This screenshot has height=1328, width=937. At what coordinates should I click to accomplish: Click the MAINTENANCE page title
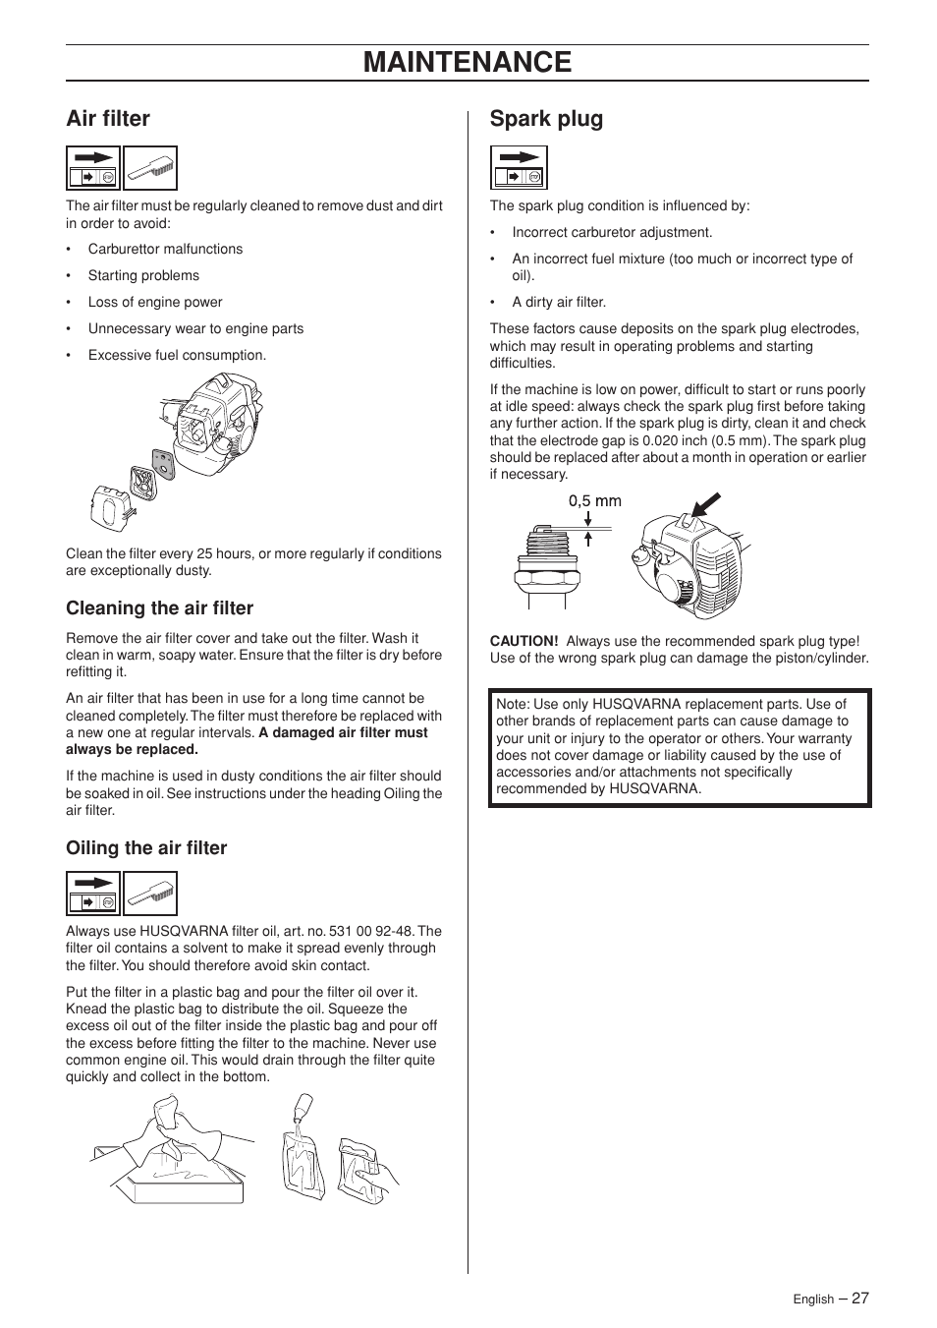(467, 62)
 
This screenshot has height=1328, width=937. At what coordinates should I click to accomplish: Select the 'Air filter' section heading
(108, 119)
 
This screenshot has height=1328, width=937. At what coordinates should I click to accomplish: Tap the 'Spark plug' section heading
(546, 119)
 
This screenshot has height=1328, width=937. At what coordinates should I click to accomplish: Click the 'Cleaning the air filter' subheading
(159, 607)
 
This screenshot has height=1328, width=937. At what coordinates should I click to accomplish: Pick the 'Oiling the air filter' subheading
(146, 848)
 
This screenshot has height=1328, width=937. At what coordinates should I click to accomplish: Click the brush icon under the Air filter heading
(150, 168)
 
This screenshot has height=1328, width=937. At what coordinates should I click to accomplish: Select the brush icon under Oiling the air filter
(150, 895)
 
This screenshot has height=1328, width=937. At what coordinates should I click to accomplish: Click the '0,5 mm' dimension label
(594, 500)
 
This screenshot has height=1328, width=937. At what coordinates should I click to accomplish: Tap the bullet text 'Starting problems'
(143, 276)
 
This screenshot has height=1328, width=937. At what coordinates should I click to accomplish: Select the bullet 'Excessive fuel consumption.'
(177, 356)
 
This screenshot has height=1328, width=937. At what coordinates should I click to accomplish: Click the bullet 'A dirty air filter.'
(559, 303)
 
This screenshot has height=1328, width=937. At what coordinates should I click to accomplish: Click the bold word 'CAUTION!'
(524, 641)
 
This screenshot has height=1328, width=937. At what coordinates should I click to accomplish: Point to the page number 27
(859, 1298)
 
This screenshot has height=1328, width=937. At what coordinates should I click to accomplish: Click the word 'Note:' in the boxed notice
(513, 704)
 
